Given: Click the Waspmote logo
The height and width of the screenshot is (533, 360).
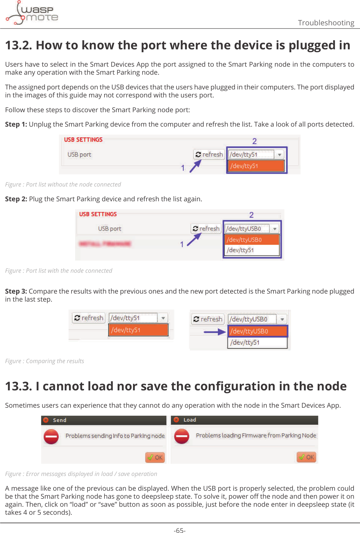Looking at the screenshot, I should pos(32,13).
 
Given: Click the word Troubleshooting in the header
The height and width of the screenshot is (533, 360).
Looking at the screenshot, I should pos(326,23).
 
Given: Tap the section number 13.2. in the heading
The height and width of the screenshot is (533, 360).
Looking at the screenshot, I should pos(19,45).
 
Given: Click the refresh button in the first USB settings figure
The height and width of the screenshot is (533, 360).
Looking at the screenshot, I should pos(209,154).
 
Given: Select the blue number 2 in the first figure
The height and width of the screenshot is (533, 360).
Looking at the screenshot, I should pos(255,141).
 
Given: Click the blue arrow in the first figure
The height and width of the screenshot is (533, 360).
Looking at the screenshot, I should pos(195,166).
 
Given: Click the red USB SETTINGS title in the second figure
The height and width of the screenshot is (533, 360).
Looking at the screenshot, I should pos(98,214).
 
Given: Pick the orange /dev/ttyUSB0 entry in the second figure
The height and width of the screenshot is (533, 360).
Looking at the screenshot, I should pos(251,240).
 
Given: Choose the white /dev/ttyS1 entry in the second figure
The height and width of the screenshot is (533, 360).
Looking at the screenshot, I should pos(251,250).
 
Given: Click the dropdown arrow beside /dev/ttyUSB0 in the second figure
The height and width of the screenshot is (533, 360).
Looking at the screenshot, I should pos(275,229).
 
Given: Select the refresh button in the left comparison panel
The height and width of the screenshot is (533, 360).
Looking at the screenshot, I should pos(89,318).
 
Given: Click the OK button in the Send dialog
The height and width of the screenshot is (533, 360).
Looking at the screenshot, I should pos(155,457).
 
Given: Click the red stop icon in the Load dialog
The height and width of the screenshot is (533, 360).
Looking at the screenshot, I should pos(182,436).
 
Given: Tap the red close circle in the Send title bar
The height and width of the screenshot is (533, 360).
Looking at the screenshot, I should pos(46,420).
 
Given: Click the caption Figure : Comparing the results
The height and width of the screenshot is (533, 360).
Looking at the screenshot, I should pos(45,361).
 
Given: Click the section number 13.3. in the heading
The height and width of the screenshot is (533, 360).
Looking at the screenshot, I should pos(19,386).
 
